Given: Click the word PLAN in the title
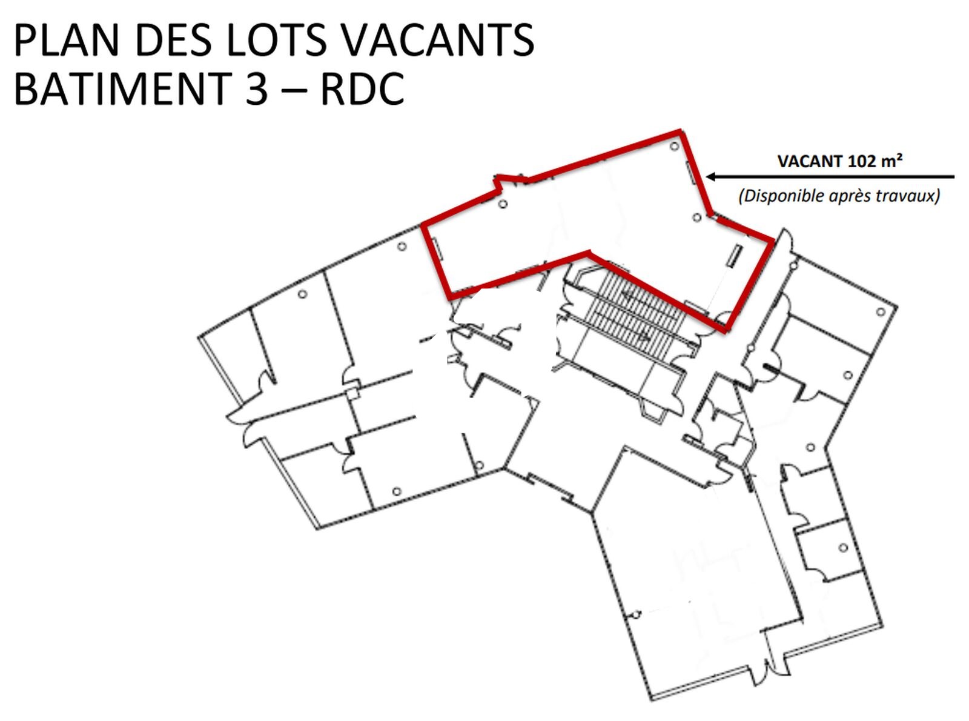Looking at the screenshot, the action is pos(67,40).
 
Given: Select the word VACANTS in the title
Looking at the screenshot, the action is pos(437,40).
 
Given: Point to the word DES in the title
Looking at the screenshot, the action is pos(173,40).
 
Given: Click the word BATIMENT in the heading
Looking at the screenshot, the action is pos(123,88).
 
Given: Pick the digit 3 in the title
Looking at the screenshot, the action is pos(256,88).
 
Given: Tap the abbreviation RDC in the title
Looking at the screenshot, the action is pos(362,88).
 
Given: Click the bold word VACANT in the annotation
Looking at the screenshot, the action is pos(810,161).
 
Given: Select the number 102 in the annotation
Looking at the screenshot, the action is pos(862,161).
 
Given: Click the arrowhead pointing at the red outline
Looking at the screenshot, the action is pos(711,177).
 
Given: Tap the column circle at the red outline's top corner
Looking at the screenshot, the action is pos(674,146).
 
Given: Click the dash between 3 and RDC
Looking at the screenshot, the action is pos(294,91).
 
